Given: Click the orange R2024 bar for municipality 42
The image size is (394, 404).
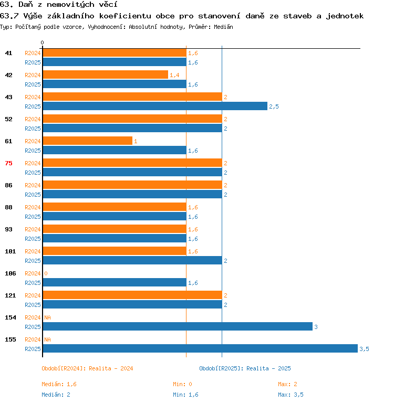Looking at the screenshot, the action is pyautogui.click(x=106, y=75).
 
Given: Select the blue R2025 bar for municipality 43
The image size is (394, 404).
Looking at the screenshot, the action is pyautogui.click(x=155, y=106).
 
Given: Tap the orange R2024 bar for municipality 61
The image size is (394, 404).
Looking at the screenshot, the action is pyautogui.click(x=88, y=141).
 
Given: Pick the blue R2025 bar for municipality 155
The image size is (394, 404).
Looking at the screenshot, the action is pyautogui.click(x=200, y=348).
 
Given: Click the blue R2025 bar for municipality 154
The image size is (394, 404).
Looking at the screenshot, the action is pyautogui.click(x=178, y=326).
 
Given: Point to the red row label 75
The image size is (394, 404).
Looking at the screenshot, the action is pyautogui.click(x=8, y=163).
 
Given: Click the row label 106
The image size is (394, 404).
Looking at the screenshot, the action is pyautogui.click(x=11, y=273).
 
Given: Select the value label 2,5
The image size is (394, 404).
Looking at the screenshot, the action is pyautogui.click(x=274, y=107).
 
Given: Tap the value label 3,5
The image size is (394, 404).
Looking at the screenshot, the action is pyautogui.click(x=364, y=349).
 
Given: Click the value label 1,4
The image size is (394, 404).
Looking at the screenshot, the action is pyautogui.click(x=174, y=75).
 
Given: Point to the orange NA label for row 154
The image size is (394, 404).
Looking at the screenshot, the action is pyautogui.click(x=47, y=317).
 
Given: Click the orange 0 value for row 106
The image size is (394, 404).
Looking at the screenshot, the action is pyautogui.click(x=46, y=273).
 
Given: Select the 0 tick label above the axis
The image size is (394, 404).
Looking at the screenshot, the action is pyautogui.click(x=43, y=42).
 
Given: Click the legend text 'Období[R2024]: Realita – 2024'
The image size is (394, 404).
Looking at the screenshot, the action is pyautogui.click(x=87, y=368).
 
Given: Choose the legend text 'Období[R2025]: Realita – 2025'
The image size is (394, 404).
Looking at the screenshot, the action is pyautogui.click(x=245, y=368).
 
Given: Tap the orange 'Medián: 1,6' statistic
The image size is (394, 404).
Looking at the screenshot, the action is pyautogui.click(x=59, y=384).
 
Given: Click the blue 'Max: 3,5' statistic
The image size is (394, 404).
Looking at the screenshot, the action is pyautogui.click(x=291, y=395).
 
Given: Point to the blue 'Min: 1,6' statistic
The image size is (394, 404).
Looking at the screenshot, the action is pyautogui.click(x=185, y=395).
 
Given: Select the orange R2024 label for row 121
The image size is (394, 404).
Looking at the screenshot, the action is pyautogui.click(x=33, y=295).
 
